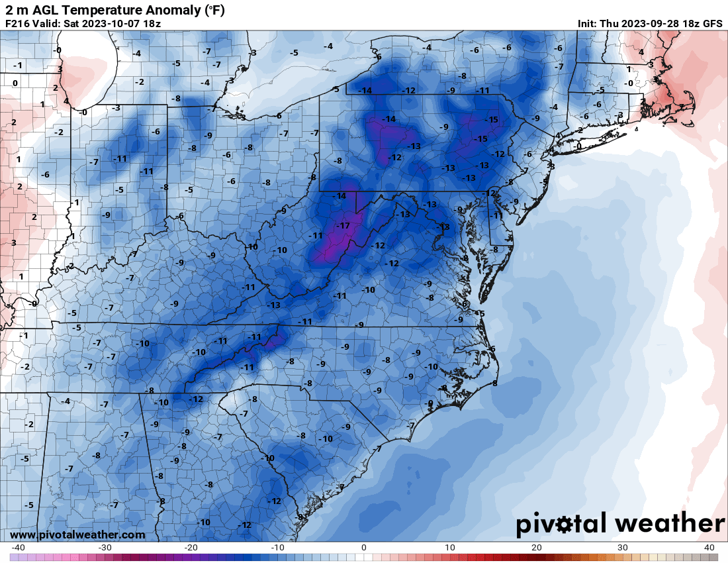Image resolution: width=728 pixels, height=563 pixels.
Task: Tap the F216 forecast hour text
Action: pos(17,24)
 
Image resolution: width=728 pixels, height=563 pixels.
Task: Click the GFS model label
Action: pos(711,24)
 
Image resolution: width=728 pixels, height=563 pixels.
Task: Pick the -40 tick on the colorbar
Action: pos(18,548)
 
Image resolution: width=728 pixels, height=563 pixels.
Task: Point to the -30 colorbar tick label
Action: pos(105,548)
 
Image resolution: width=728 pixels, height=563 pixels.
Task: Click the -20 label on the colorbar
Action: pos(191,548)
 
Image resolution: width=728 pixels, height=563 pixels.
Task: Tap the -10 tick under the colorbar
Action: pos(278,548)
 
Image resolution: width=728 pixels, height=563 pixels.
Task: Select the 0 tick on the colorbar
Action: pos(364,548)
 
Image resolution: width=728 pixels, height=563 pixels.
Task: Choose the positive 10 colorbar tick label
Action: pos(450,548)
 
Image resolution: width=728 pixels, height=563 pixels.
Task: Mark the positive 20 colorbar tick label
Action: pos(537,548)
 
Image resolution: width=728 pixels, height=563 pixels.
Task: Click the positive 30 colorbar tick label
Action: pos(623,548)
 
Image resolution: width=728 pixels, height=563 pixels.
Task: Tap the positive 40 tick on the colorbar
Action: pos(709,548)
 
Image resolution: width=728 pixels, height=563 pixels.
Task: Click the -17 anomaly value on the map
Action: pos(343,226)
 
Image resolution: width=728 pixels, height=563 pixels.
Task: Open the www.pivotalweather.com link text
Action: pos(77,535)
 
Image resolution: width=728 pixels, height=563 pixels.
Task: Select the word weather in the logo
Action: pos(668,524)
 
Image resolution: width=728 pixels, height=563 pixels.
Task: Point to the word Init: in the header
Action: pos(587,24)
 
